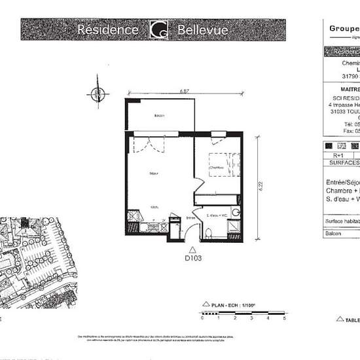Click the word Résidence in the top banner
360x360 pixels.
point(107,30)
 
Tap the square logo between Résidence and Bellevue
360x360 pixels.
point(158,30)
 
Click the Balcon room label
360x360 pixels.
point(158,116)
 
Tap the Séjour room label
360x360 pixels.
point(153,173)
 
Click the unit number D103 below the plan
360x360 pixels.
point(192,259)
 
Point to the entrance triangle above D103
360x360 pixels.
point(192,249)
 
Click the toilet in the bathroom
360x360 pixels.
point(207,233)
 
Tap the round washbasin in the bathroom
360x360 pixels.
point(236,212)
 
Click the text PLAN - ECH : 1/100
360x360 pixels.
point(230,304)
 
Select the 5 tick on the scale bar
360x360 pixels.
point(284,318)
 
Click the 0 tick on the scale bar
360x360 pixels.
point(202,318)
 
